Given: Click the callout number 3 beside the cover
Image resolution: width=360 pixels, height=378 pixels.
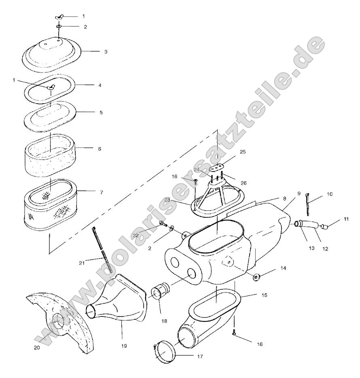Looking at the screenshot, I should click(x=105, y=52).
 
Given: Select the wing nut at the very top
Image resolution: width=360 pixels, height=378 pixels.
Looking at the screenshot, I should click(x=59, y=17).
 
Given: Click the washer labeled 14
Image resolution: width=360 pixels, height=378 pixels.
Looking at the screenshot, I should click(x=256, y=277).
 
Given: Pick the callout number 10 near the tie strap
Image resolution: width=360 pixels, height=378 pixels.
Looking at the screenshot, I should click(x=329, y=194).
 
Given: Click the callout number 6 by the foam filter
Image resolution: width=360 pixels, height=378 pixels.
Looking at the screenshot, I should click(x=100, y=149).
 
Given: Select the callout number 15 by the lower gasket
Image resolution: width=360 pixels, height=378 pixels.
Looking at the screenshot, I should click(x=264, y=296).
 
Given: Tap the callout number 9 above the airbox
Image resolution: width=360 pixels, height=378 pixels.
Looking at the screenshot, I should click(x=299, y=194).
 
